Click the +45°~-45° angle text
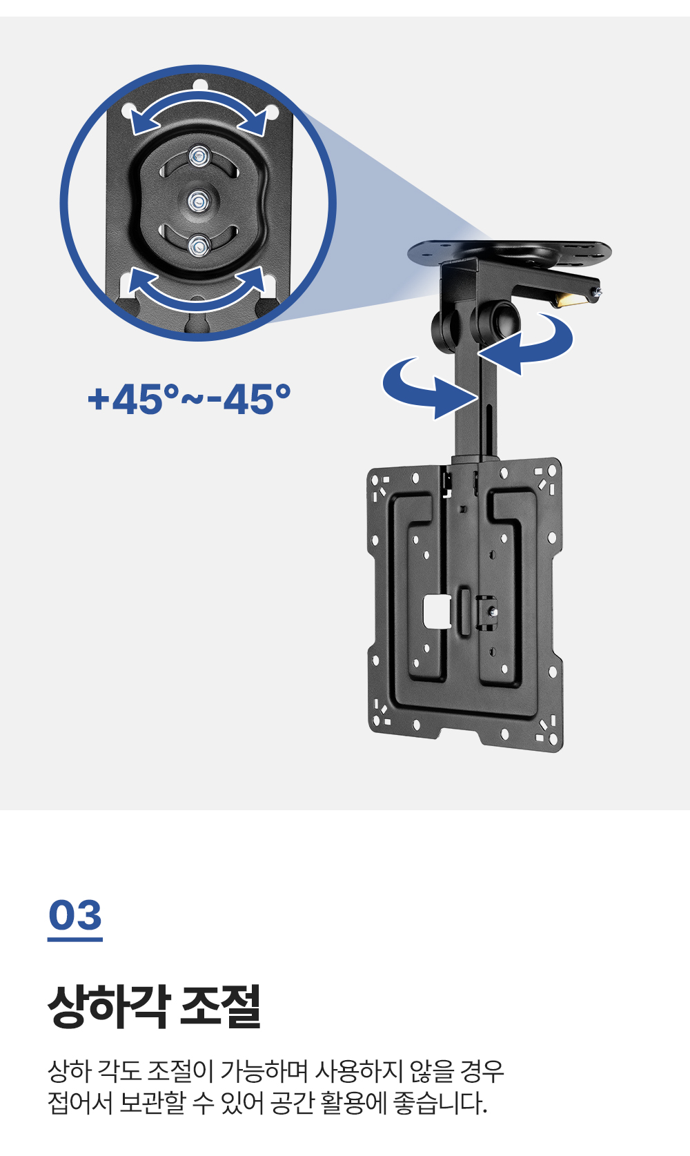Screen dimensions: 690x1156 tap(189, 399)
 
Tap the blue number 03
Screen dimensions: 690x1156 tap(75, 915)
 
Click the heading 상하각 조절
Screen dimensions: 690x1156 tap(155, 1006)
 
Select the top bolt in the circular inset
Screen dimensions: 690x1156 tap(199, 155)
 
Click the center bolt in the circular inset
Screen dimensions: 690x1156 tap(199, 201)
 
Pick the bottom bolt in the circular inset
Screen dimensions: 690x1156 tap(199, 246)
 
